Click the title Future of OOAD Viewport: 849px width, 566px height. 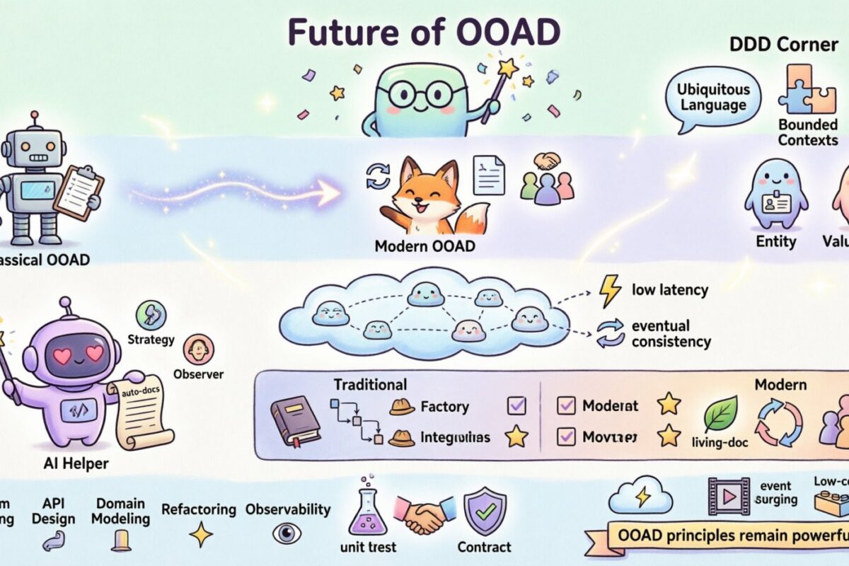(424, 33)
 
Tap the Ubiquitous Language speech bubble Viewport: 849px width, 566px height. (711, 98)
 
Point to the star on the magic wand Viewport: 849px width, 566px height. (509, 69)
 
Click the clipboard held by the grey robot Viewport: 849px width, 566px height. (79, 192)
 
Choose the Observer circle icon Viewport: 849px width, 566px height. (198, 350)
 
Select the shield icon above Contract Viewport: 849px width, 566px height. (484, 511)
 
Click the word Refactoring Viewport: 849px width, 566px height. (198, 509)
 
